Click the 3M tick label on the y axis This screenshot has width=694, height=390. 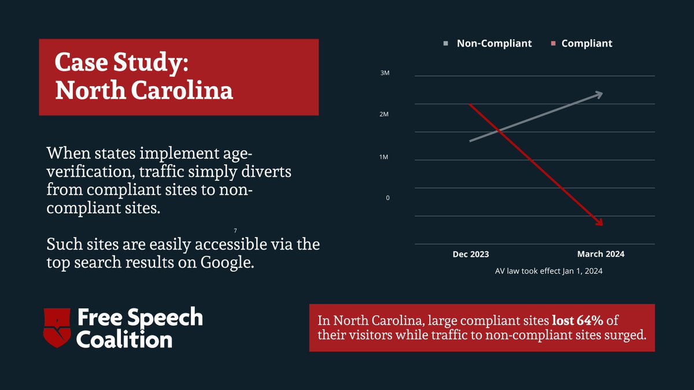[384, 73]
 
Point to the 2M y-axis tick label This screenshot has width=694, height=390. [384, 115]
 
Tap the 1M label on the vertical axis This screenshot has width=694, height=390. [384, 157]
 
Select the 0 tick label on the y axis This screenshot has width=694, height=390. [388, 198]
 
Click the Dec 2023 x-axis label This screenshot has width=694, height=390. [470, 254]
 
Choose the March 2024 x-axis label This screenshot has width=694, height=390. [600, 254]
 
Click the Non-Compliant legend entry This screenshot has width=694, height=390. [494, 43]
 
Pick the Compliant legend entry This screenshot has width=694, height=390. [586, 43]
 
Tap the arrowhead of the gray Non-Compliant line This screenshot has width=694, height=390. [599, 94]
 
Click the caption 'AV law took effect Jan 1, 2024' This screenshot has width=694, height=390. [549, 270]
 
